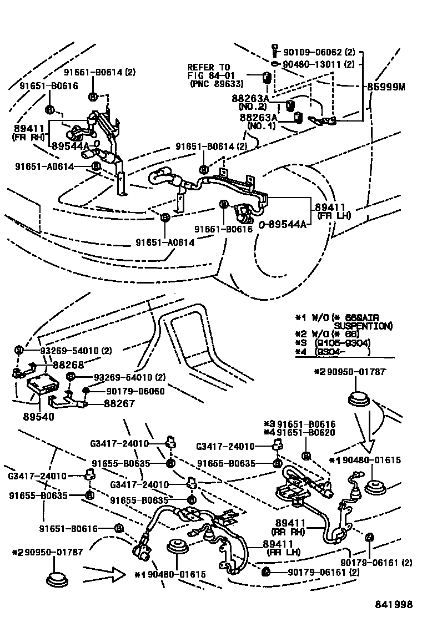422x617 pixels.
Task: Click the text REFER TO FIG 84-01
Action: click(x=208, y=72)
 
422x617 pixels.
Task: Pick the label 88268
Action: click(x=68, y=365)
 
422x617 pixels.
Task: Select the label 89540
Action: click(x=38, y=416)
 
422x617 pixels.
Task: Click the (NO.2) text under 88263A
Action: click(x=253, y=106)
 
